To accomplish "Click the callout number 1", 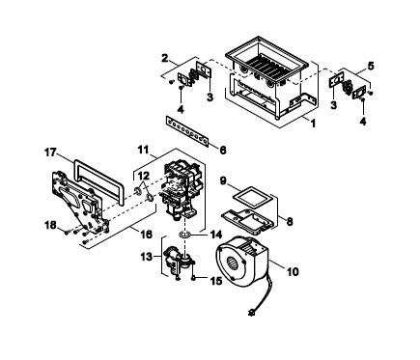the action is tap(313, 124).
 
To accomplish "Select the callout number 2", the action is tap(165, 59).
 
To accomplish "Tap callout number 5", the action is tap(371, 67).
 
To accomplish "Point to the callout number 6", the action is tap(223, 150).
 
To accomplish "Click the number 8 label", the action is tap(290, 221).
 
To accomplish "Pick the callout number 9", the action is tap(223, 181).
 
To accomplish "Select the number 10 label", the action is tap(293, 272).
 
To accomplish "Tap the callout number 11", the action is tap(143, 150).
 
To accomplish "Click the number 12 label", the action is tap(144, 176).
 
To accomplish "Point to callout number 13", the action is tap(147, 257).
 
